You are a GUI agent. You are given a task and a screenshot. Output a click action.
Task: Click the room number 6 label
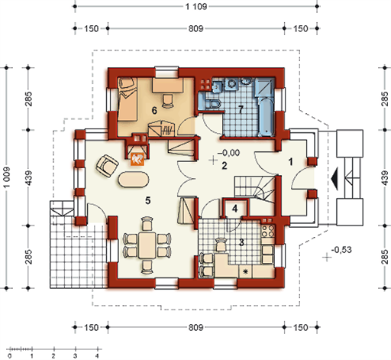(x=154, y=111)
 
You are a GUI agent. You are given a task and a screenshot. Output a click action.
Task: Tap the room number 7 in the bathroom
(x=241, y=109)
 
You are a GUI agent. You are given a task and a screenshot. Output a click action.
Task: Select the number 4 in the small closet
(x=234, y=209)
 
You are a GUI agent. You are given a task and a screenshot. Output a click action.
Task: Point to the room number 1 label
(x=291, y=161)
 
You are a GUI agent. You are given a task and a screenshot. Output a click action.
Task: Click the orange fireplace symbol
(x=137, y=159)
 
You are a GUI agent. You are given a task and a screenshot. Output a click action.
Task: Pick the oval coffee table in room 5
(x=134, y=180)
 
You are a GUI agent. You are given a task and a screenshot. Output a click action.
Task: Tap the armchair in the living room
(x=107, y=166)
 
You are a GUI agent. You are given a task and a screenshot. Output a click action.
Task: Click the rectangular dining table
(x=147, y=245)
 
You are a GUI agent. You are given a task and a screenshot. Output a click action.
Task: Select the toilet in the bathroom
(x=213, y=105)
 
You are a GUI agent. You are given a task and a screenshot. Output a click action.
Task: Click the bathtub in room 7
(x=267, y=116)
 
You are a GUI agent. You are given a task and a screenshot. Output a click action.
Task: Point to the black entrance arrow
(x=335, y=179)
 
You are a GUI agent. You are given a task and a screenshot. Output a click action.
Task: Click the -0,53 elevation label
(x=341, y=250)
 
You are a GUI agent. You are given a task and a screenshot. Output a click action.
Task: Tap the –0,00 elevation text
(x=229, y=153)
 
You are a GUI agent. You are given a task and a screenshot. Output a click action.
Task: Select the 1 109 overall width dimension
(x=196, y=6)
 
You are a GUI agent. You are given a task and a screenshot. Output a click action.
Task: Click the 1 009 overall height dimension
(x=7, y=177)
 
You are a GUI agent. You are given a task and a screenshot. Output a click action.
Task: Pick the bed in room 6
(x=128, y=99)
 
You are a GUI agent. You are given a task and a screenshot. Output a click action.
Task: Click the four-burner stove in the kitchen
(x=268, y=231)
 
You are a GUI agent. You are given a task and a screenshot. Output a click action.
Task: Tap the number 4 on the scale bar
(x=97, y=355)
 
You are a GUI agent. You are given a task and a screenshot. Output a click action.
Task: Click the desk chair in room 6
(x=167, y=101)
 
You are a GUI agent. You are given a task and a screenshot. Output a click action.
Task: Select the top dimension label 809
(x=195, y=28)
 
